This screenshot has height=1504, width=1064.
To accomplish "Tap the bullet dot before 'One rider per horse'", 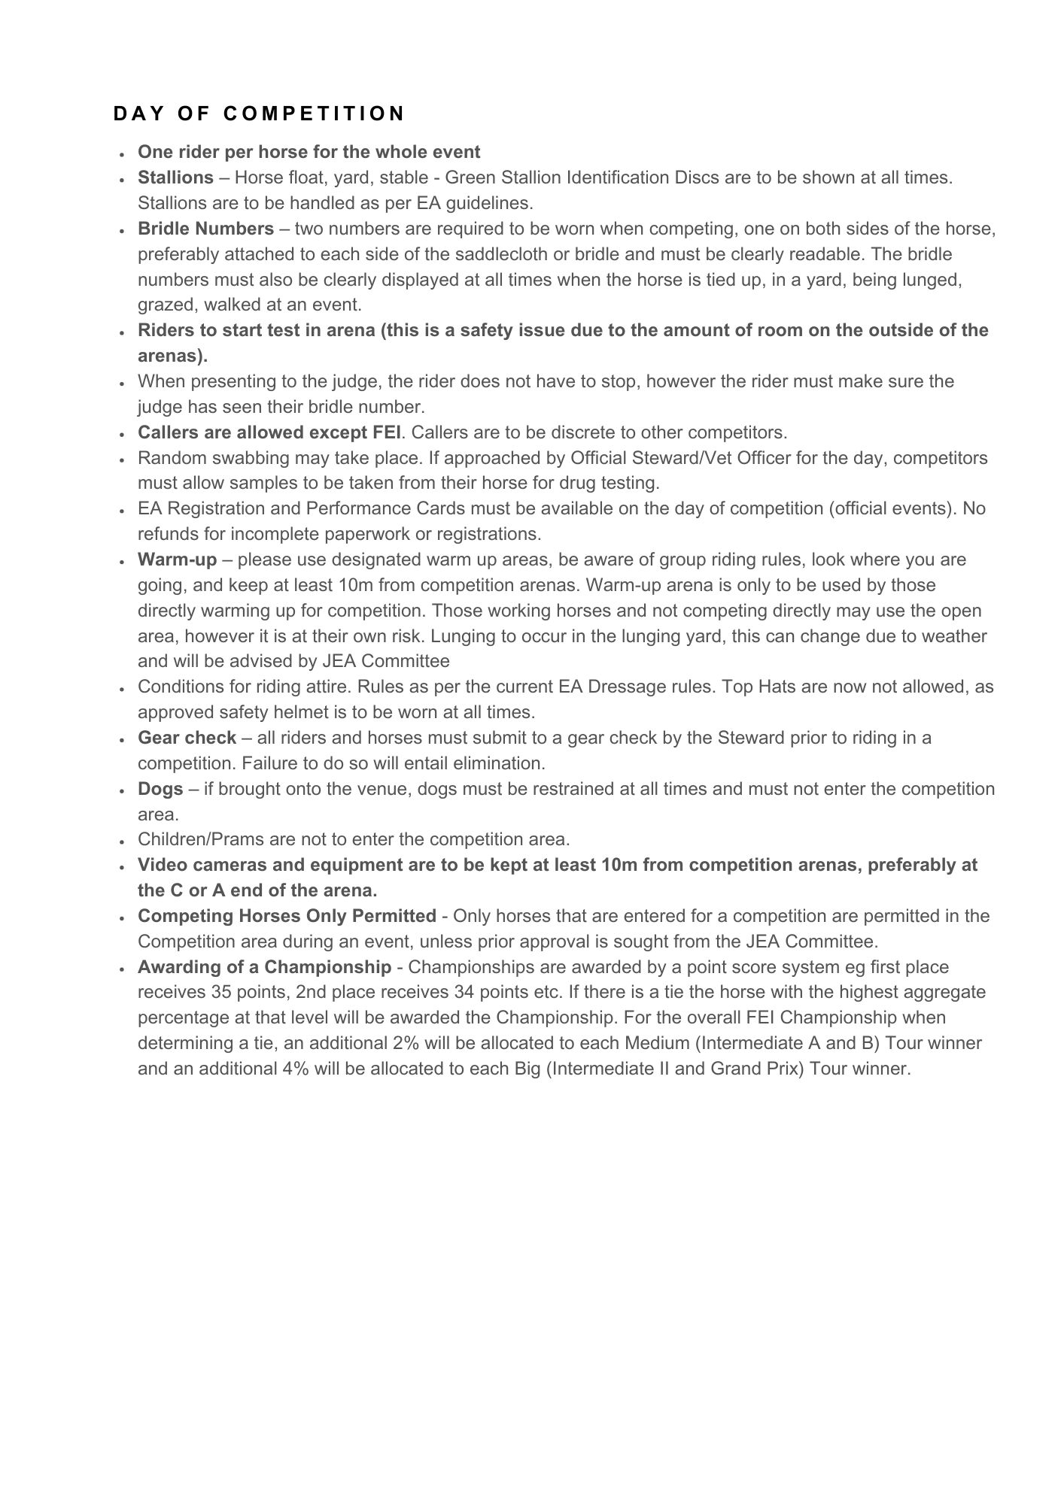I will [121, 153].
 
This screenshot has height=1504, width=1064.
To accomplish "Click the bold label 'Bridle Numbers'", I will [205, 229].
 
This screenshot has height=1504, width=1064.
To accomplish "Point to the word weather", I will [954, 636].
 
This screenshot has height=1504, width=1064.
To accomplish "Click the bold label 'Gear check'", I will [187, 738].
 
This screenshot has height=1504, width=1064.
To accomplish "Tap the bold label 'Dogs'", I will [160, 789].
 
